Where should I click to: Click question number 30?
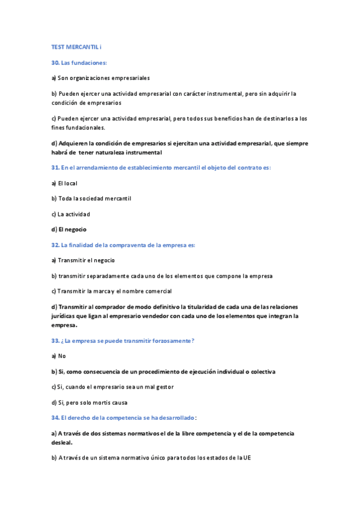click(55, 62)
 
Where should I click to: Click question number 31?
click(55, 167)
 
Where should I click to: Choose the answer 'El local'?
click(64, 183)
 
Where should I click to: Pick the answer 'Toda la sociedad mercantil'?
click(91, 198)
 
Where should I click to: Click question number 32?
click(55, 245)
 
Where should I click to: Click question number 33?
click(55, 340)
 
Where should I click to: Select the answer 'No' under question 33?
click(62, 356)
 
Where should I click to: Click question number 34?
click(55, 417)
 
